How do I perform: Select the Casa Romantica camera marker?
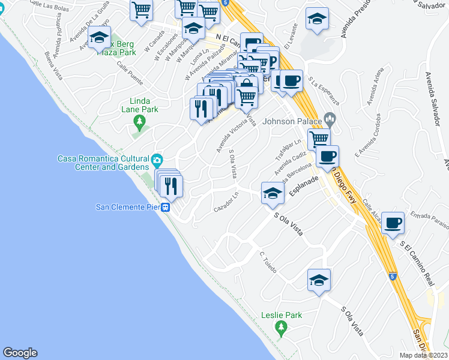point(157,160)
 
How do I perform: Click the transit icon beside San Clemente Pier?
point(165,208)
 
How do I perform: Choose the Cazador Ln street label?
point(227,202)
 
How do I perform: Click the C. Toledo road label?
point(268,263)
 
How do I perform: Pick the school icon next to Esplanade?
point(272,193)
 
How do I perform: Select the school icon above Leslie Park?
point(319,280)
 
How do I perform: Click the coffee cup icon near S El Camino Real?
point(393,223)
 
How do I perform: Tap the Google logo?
point(20,353)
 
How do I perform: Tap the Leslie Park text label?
point(282,315)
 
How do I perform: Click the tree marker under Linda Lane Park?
point(140,123)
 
